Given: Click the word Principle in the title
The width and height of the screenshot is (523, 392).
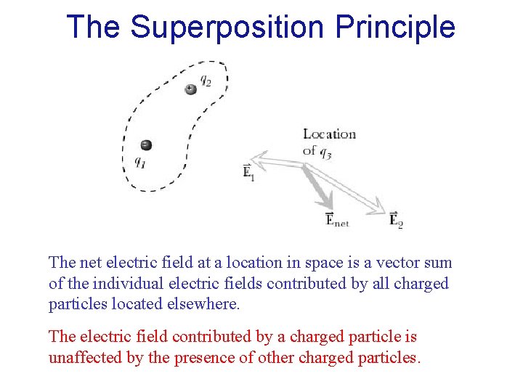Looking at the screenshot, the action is (x=395, y=28).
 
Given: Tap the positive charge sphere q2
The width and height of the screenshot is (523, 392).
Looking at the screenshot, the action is (x=190, y=89).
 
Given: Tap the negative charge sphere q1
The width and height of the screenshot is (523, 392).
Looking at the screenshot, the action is (x=146, y=144).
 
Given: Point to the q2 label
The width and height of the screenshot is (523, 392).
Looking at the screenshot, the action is (x=206, y=82).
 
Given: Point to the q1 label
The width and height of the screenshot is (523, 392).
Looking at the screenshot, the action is (x=140, y=162).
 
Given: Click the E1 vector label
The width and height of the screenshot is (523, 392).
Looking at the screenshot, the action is (x=248, y=172).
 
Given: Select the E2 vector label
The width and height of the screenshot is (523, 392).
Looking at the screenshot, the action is (x=396, y=219).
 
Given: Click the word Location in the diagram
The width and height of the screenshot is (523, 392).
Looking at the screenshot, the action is (x=329, y=134).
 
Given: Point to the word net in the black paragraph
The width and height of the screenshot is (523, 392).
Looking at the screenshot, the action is (x=90, y=263).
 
